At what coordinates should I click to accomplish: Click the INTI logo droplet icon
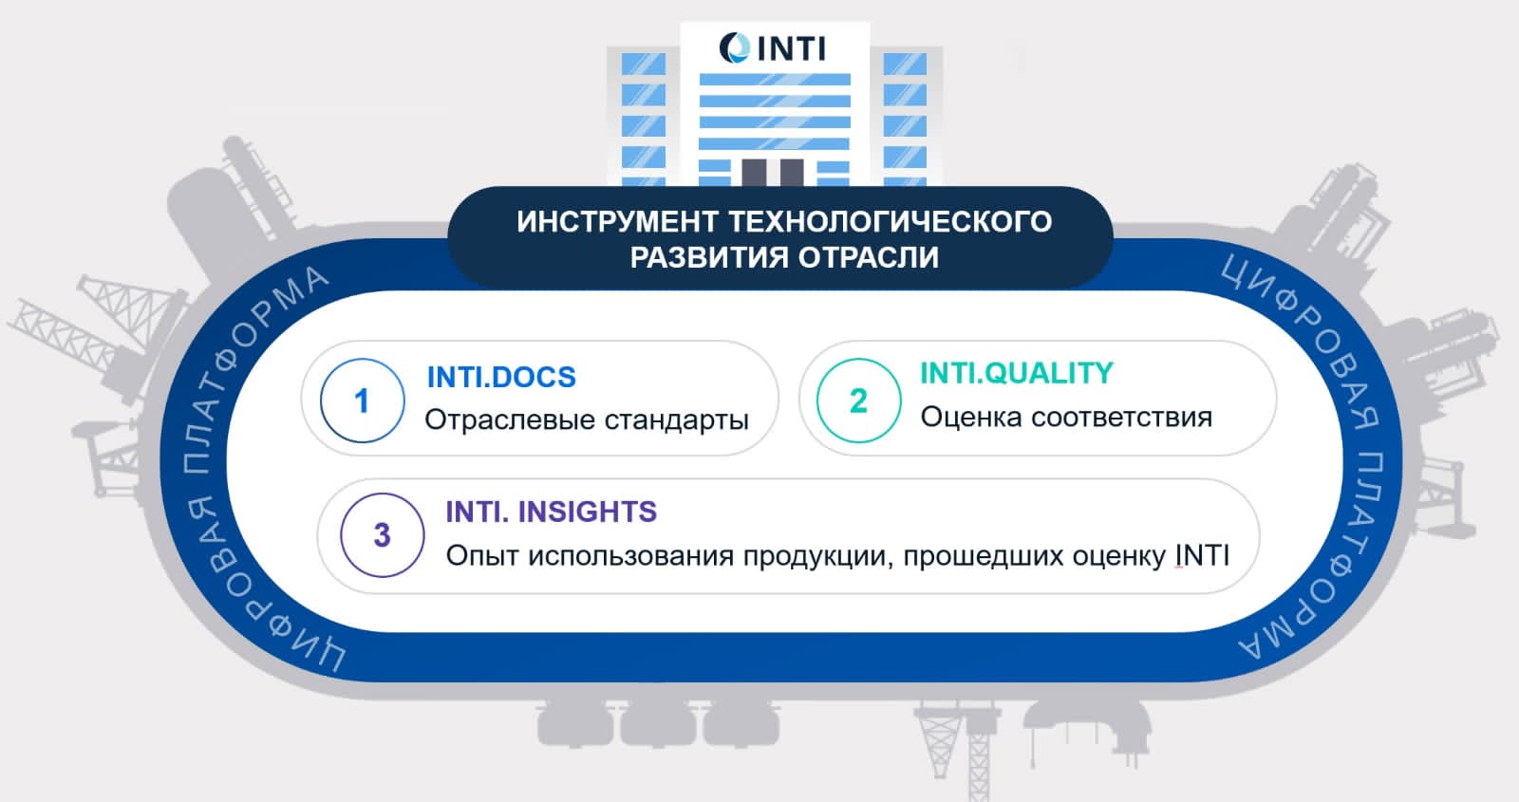735,48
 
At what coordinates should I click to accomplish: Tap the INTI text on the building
792,48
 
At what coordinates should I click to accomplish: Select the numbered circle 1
362,401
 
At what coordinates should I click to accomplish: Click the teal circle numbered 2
858,401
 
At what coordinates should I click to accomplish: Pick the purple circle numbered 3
383,535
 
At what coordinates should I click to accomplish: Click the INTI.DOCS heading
501,377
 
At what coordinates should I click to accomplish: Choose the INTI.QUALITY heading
1017,373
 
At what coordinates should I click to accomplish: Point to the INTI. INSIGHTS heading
552,512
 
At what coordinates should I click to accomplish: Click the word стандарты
676,420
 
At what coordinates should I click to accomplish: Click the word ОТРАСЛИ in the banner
869,257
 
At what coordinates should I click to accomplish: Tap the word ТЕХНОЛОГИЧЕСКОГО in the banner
891,222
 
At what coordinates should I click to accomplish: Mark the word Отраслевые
509,420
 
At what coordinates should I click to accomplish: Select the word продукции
817,556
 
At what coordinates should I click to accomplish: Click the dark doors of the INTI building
773,172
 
